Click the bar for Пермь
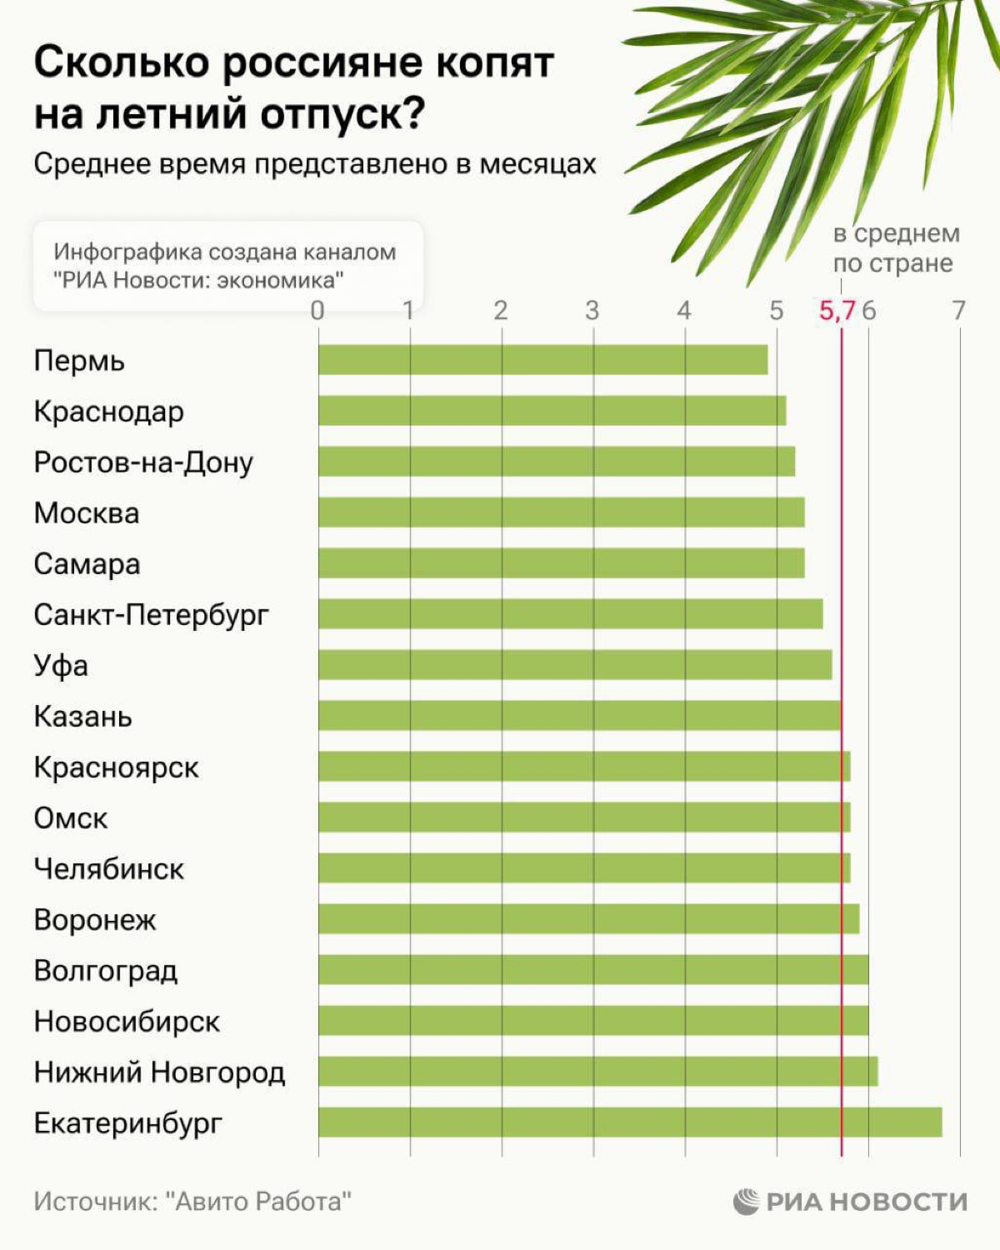tap(542, 360)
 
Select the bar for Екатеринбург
tap(630, 1122)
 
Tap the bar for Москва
tap(561, 512)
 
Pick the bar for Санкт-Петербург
tap(570, 614)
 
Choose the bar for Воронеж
tap(588, 919)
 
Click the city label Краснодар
tap(108, 412)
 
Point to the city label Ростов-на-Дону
tap(143, 462)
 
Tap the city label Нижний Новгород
tap(159, 1072)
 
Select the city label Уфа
tap(61, 666)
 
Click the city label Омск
tap(71, 818)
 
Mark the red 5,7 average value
tap(837, 311)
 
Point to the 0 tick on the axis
tap(317, 311)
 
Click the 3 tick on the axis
tap(592, 311)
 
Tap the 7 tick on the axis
tap(959, 311)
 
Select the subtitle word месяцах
tap(537, 164)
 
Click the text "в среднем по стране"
tap(896, 248)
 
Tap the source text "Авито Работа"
tap(258, 1202)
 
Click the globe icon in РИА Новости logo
tap(747, 1202)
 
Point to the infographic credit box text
tap(225, 265)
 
